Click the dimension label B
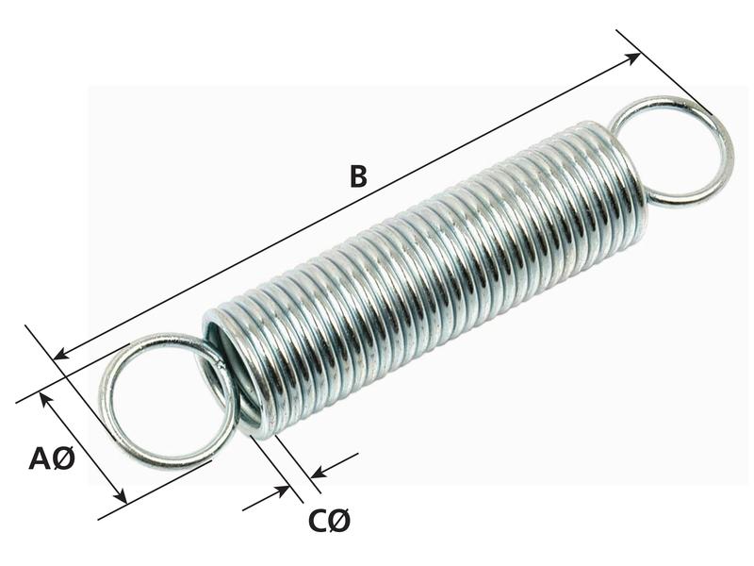pos(357,176)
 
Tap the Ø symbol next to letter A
pos(63,459)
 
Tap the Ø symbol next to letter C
pos(340,521)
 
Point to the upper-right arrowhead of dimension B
pos(634,58)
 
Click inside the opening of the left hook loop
pos(160,401)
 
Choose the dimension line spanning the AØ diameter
pos(83,449)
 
